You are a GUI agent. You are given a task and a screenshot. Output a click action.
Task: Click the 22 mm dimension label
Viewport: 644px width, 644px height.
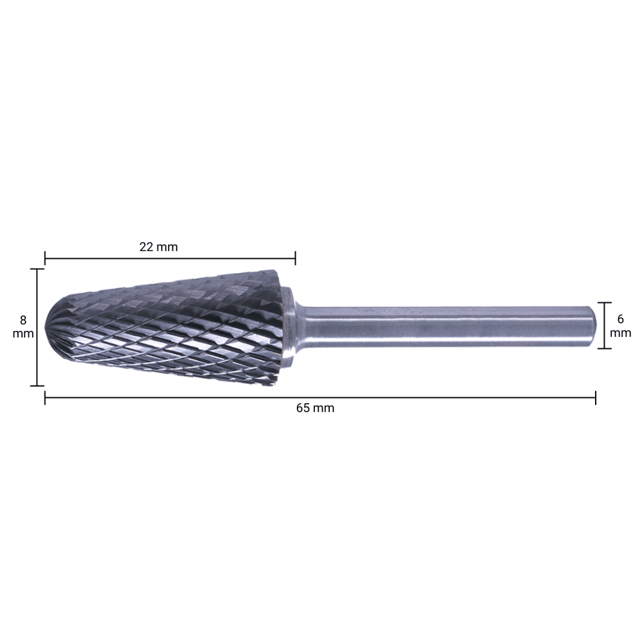coord(158,247)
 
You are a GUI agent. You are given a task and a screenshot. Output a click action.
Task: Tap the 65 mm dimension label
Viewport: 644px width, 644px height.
coord(315,408)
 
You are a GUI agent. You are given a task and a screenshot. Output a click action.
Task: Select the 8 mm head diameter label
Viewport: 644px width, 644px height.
coord(23,327)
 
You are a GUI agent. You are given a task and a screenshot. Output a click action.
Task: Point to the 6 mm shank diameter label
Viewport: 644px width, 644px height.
coord(620,325)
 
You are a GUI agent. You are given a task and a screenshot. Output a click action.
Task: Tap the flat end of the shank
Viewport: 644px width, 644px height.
coord(594,325)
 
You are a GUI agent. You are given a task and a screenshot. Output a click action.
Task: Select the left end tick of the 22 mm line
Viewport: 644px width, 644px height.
coord(45,259)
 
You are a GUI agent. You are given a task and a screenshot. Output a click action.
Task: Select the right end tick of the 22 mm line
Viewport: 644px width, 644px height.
coord(295,259)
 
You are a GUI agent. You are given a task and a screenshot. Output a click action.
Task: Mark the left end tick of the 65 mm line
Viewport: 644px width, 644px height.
coord(45,397)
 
